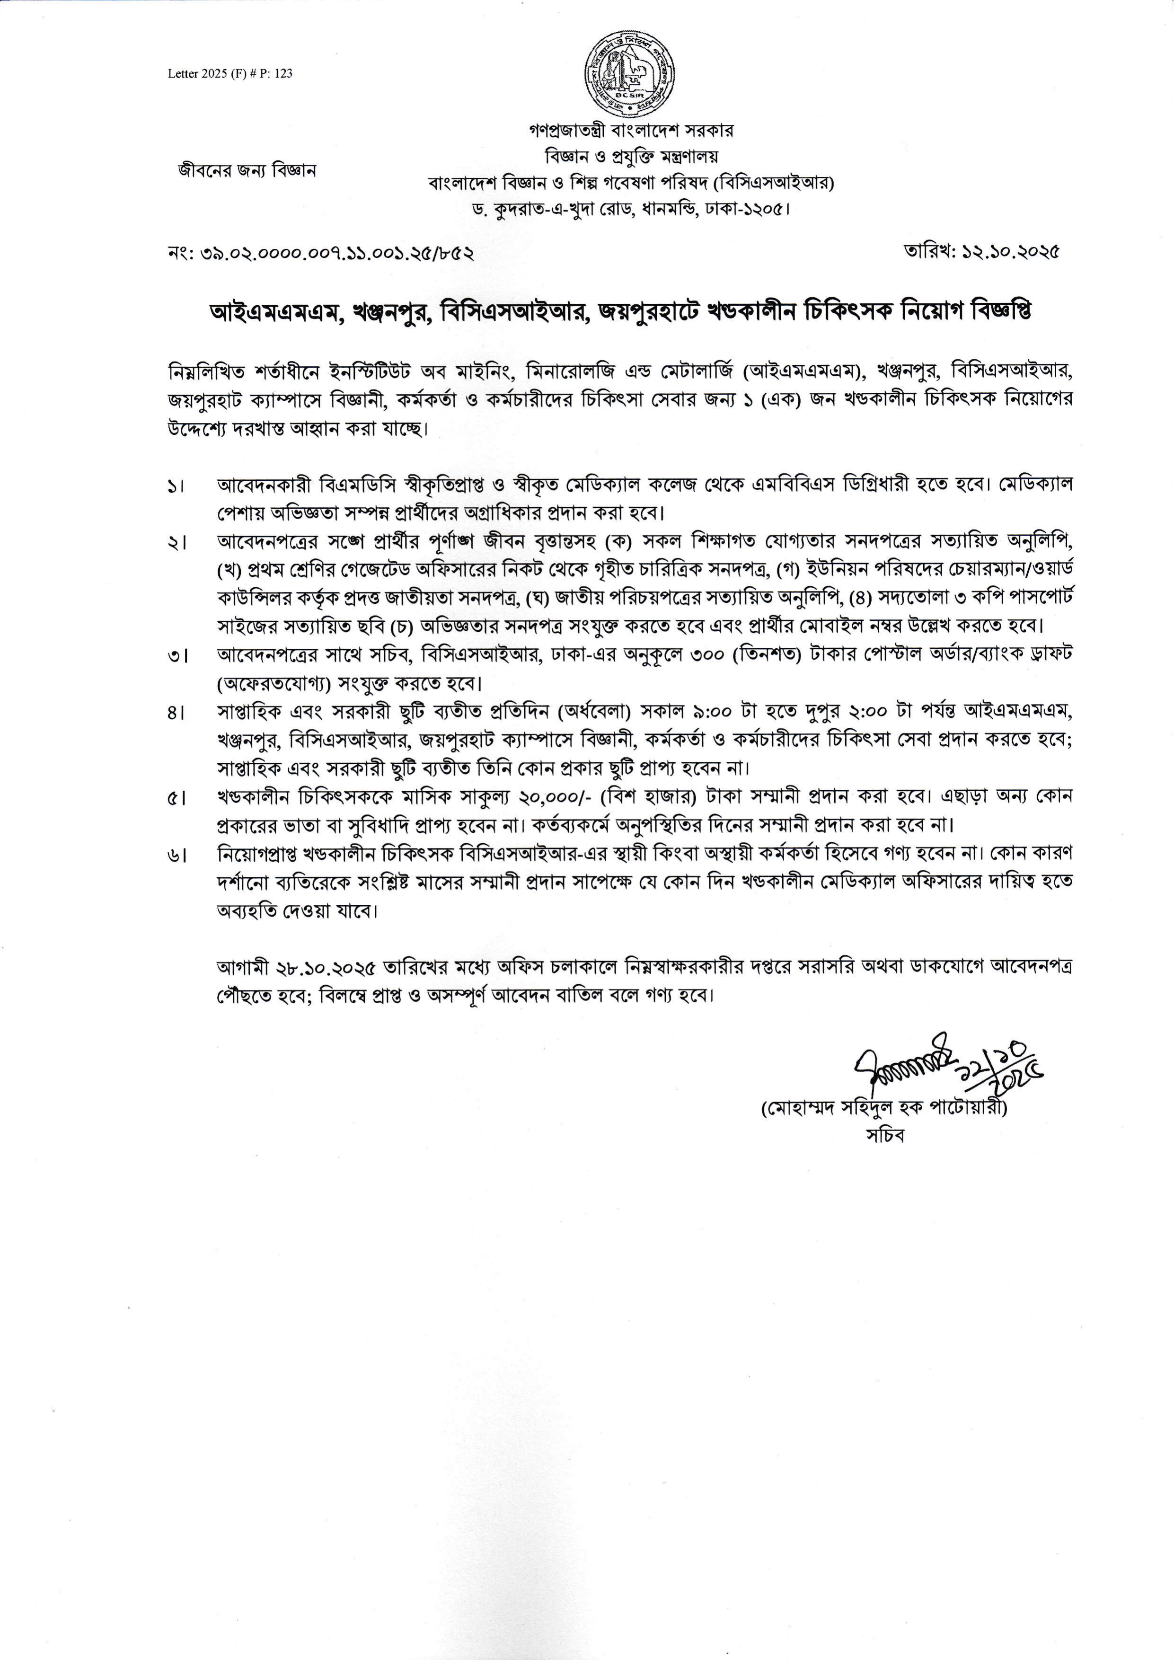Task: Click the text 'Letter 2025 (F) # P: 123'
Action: coord(230,74)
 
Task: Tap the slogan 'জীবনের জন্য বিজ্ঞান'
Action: coord(247,171)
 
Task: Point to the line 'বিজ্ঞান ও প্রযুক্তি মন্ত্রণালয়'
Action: coord(631,156)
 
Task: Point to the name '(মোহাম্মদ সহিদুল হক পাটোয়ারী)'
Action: coord(884,1107)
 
